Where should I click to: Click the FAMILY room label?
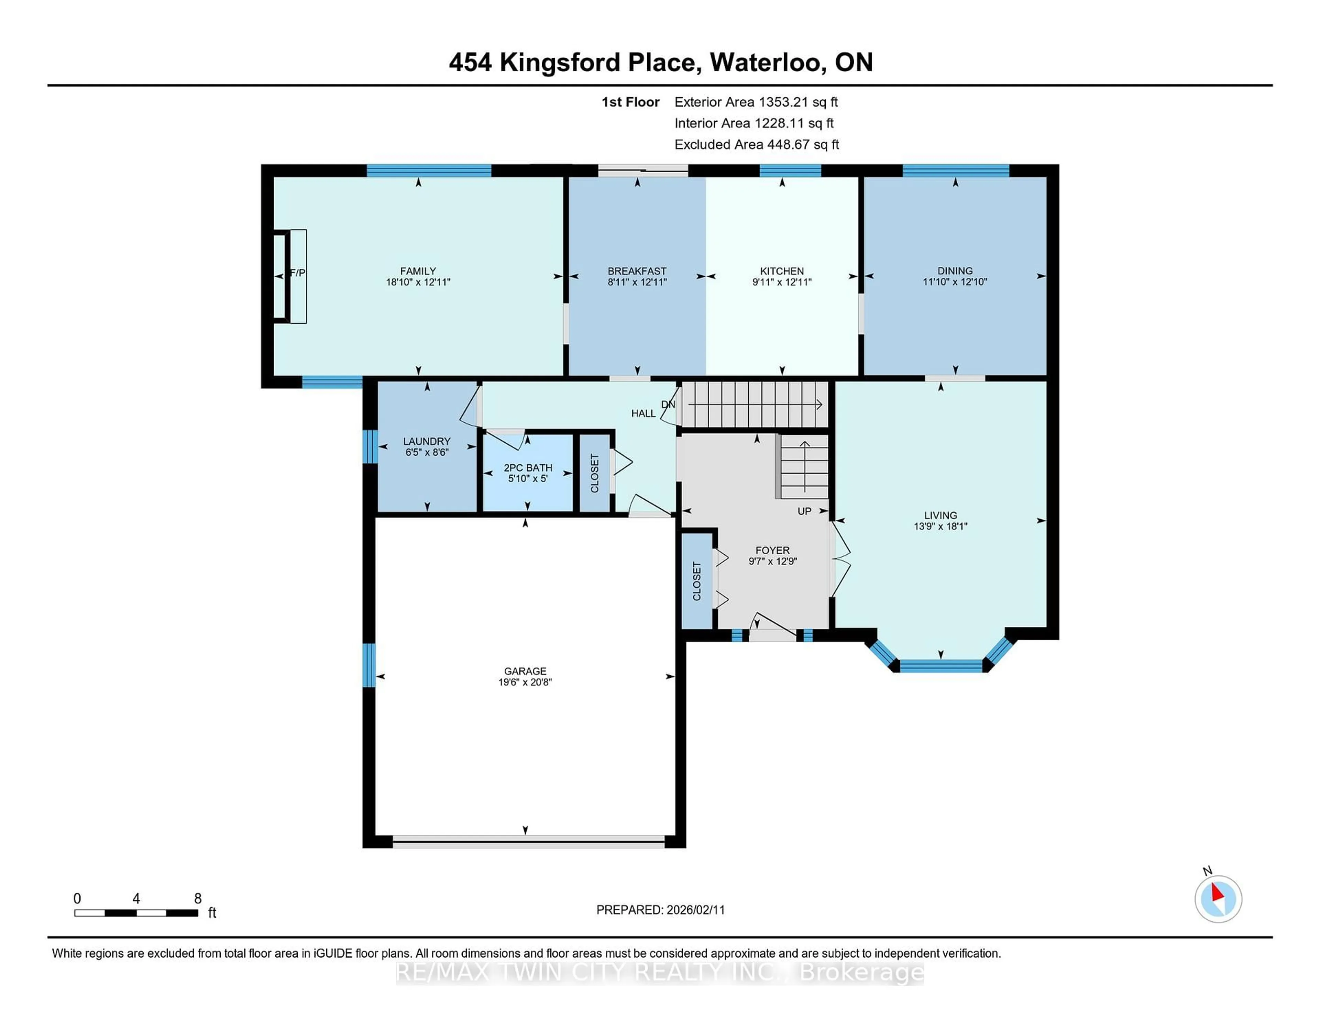tap(418, 271)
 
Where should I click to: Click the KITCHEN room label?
tap(781, 271)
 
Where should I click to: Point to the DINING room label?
tap(955, 271)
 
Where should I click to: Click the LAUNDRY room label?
tap(427, 442)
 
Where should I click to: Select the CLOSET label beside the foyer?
tap(696, 581)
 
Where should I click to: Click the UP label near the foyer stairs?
tap(804, 511)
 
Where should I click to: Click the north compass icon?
tap(1218, 899)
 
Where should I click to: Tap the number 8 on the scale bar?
tap(198, 899)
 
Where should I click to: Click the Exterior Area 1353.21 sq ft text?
tap(756, 102)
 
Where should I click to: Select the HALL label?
tap(643, 414)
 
